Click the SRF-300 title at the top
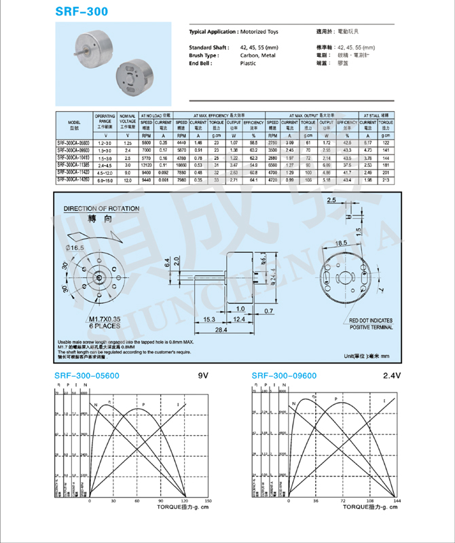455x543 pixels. [81, 12]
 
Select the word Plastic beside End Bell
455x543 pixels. [248, 63]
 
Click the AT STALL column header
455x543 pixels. [378, 116]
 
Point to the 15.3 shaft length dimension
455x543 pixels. [208, 319]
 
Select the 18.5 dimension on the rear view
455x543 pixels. [340, 241]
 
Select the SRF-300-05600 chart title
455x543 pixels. [86, 376]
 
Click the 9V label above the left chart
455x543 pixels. [202, 376]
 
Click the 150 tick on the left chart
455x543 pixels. [208, 502]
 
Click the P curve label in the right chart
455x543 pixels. [335, 399]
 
